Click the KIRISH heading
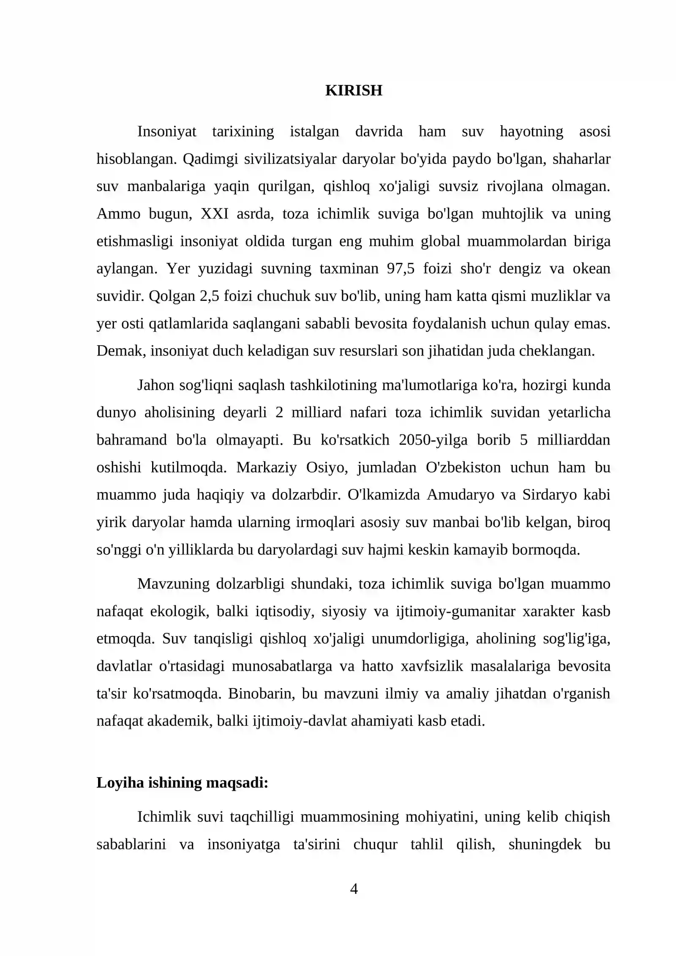coord(354,90)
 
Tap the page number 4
coord(354,888)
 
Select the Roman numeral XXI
coord(215,214)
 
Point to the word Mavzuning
coord(173,584)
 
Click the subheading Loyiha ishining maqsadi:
coord(183,783)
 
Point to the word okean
coord(591,269)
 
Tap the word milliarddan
coord(573,440)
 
